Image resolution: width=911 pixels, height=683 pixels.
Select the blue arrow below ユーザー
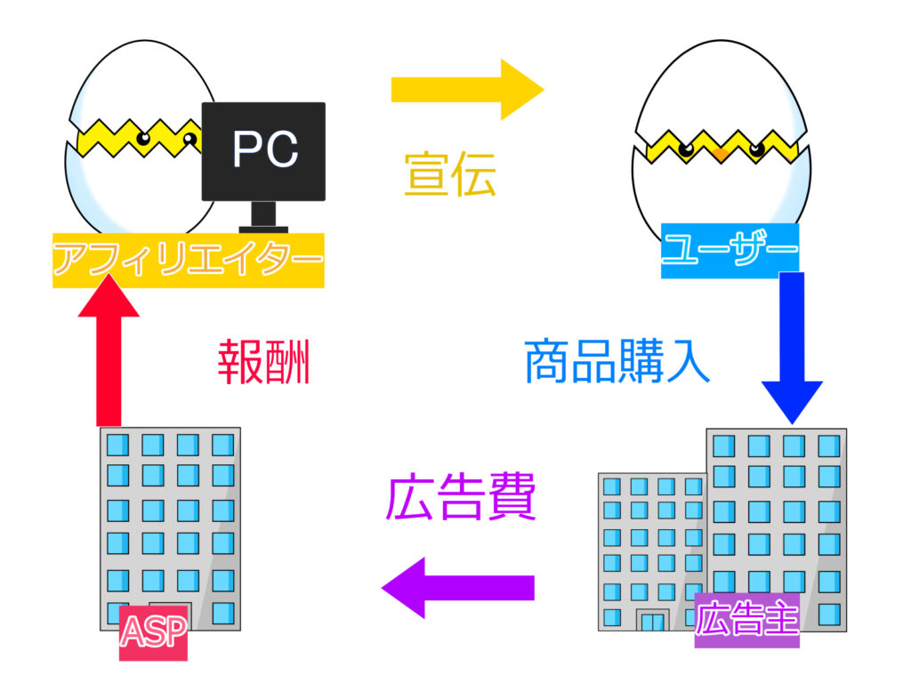click(x=792, y=347)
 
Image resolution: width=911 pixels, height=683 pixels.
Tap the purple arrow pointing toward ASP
click(x=458, y=588)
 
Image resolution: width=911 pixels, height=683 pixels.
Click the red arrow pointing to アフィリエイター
click(x=109, y=351)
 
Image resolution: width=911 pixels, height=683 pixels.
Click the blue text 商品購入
click(x=617, y=360)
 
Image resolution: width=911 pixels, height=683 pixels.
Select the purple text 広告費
click(x=461, y=500)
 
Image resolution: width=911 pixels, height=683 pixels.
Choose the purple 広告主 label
click(x=747, y=619)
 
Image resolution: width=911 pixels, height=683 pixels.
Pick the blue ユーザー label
click(x=730, y=250)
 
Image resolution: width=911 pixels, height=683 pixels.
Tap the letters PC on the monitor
click(x=264, y=149)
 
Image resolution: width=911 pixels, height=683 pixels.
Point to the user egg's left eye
click(x=685, y=149)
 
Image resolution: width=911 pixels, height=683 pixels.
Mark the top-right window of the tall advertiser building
click(x=828, y=446)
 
